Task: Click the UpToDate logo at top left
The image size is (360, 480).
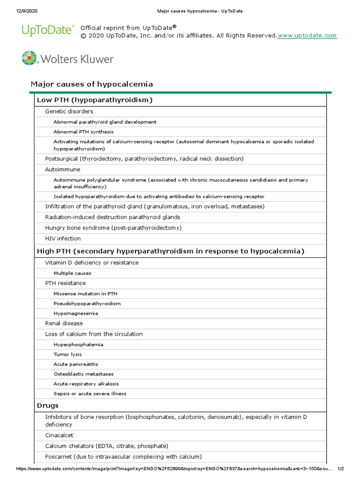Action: (48, 30)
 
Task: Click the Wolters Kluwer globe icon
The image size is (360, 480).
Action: (29, 58)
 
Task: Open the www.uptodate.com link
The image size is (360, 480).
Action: (307, 36)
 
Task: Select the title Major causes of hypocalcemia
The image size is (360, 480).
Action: (91, 84)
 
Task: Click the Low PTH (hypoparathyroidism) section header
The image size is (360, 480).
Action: (95, 100)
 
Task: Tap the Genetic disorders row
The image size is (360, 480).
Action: (69, 112)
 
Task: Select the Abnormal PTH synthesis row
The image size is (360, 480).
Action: (83, 132)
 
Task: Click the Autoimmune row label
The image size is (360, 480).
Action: (62, 169)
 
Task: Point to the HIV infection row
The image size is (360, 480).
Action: (63, 239)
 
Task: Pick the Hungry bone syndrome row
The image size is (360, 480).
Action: (113, 228)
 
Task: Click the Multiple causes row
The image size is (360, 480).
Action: (72, 273)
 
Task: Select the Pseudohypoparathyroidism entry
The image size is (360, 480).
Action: (87, 303)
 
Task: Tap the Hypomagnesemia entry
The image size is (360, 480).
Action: (75, 313)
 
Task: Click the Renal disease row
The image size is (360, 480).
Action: (64, 323)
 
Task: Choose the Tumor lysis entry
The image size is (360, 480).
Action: (68, 354)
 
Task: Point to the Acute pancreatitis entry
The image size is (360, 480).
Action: (76, 364)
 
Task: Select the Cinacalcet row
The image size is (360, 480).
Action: (59, 435)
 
